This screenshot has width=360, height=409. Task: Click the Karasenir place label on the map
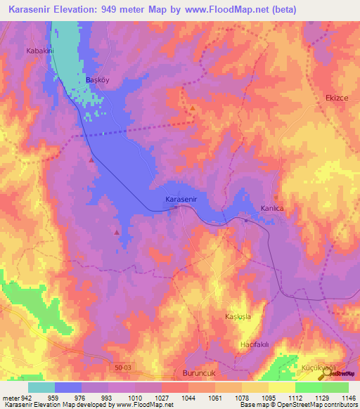point(184,200)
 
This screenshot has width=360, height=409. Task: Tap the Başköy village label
point(98,80)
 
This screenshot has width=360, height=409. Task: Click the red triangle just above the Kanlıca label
point(276,197)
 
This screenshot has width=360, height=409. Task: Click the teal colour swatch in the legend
point(41,387)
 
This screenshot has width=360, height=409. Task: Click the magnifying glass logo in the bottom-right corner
point(331,376)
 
